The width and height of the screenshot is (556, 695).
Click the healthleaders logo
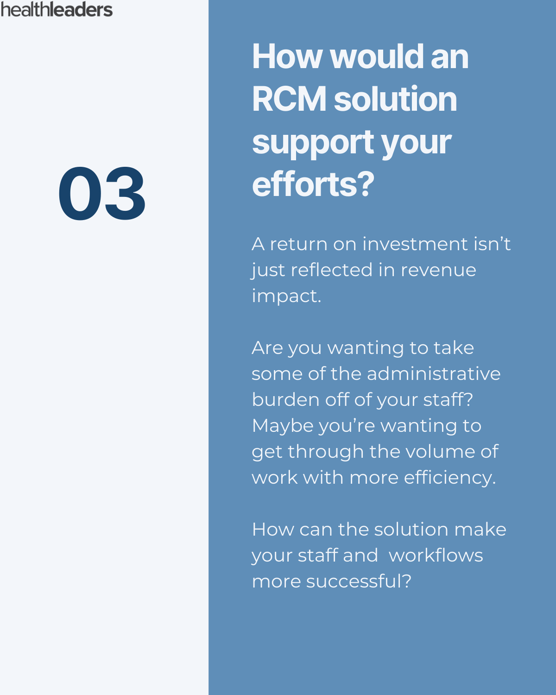coord(57,9)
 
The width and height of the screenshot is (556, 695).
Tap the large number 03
coord(102,194)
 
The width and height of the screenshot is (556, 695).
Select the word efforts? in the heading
coord(313,184)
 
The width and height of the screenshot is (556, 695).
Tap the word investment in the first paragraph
coord(415,244)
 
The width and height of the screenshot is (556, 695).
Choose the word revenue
coord(438,270)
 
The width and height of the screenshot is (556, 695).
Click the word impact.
coord(286,297)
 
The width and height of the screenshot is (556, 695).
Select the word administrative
coord(434,374)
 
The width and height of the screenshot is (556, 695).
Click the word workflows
coord(436,556)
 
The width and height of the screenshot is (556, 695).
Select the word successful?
coord(359,581)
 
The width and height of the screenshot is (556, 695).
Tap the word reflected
coord(332,270)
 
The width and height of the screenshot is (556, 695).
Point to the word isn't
coord(492,244)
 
